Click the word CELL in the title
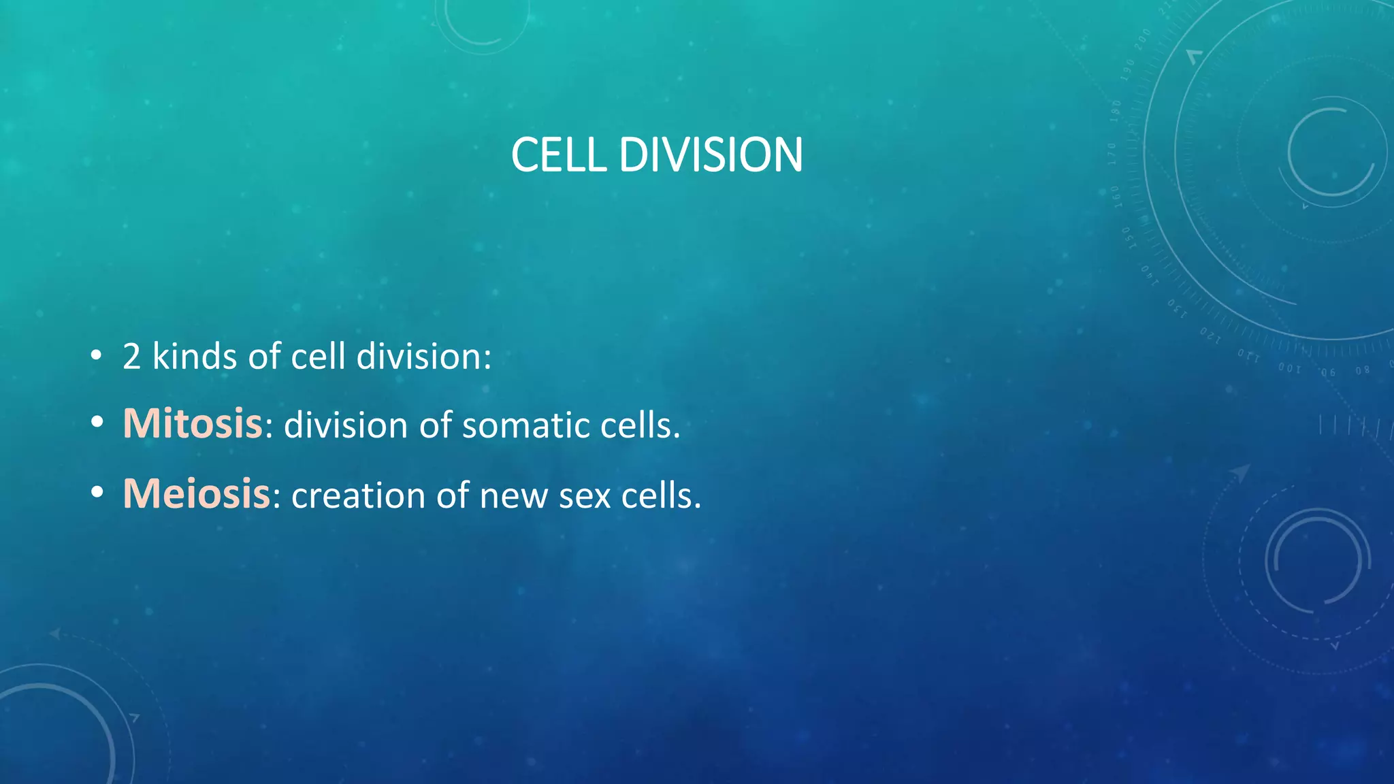558,154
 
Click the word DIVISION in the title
711,154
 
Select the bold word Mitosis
193,423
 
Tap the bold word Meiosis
197,493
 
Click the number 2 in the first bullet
131,356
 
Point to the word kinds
195,356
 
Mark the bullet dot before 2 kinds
97,355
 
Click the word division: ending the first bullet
423,356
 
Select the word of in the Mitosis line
435,425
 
